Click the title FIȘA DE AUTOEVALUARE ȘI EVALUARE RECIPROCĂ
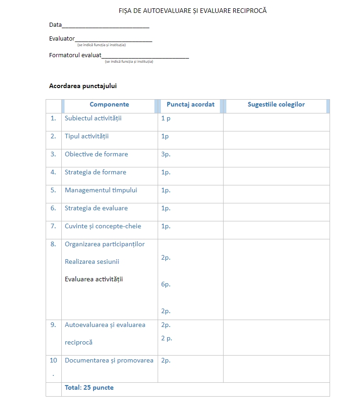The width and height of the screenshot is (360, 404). (193, 11)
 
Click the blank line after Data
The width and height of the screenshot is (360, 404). (106, 26)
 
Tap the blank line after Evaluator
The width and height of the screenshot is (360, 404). (113, 40)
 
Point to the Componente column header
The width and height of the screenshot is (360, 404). (109, 105)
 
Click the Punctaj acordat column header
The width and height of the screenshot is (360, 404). (190, 105)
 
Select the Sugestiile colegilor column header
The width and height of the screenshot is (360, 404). (276, 105)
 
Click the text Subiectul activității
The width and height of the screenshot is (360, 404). (93, 118)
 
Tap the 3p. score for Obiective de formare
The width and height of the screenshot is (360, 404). (166, 154)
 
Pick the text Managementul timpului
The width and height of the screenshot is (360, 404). (101, 190)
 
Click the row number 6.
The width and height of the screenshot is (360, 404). (53, 208)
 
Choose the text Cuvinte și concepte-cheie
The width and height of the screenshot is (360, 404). (103, 226)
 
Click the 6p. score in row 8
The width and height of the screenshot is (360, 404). (166, 284)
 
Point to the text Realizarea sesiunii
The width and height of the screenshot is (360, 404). (92, 261)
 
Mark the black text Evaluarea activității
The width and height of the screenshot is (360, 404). (94, 279)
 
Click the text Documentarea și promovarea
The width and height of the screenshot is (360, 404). (109, 360)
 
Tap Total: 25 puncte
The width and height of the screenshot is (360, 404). (89, 387)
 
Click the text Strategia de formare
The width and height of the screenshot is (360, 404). (95, 172)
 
